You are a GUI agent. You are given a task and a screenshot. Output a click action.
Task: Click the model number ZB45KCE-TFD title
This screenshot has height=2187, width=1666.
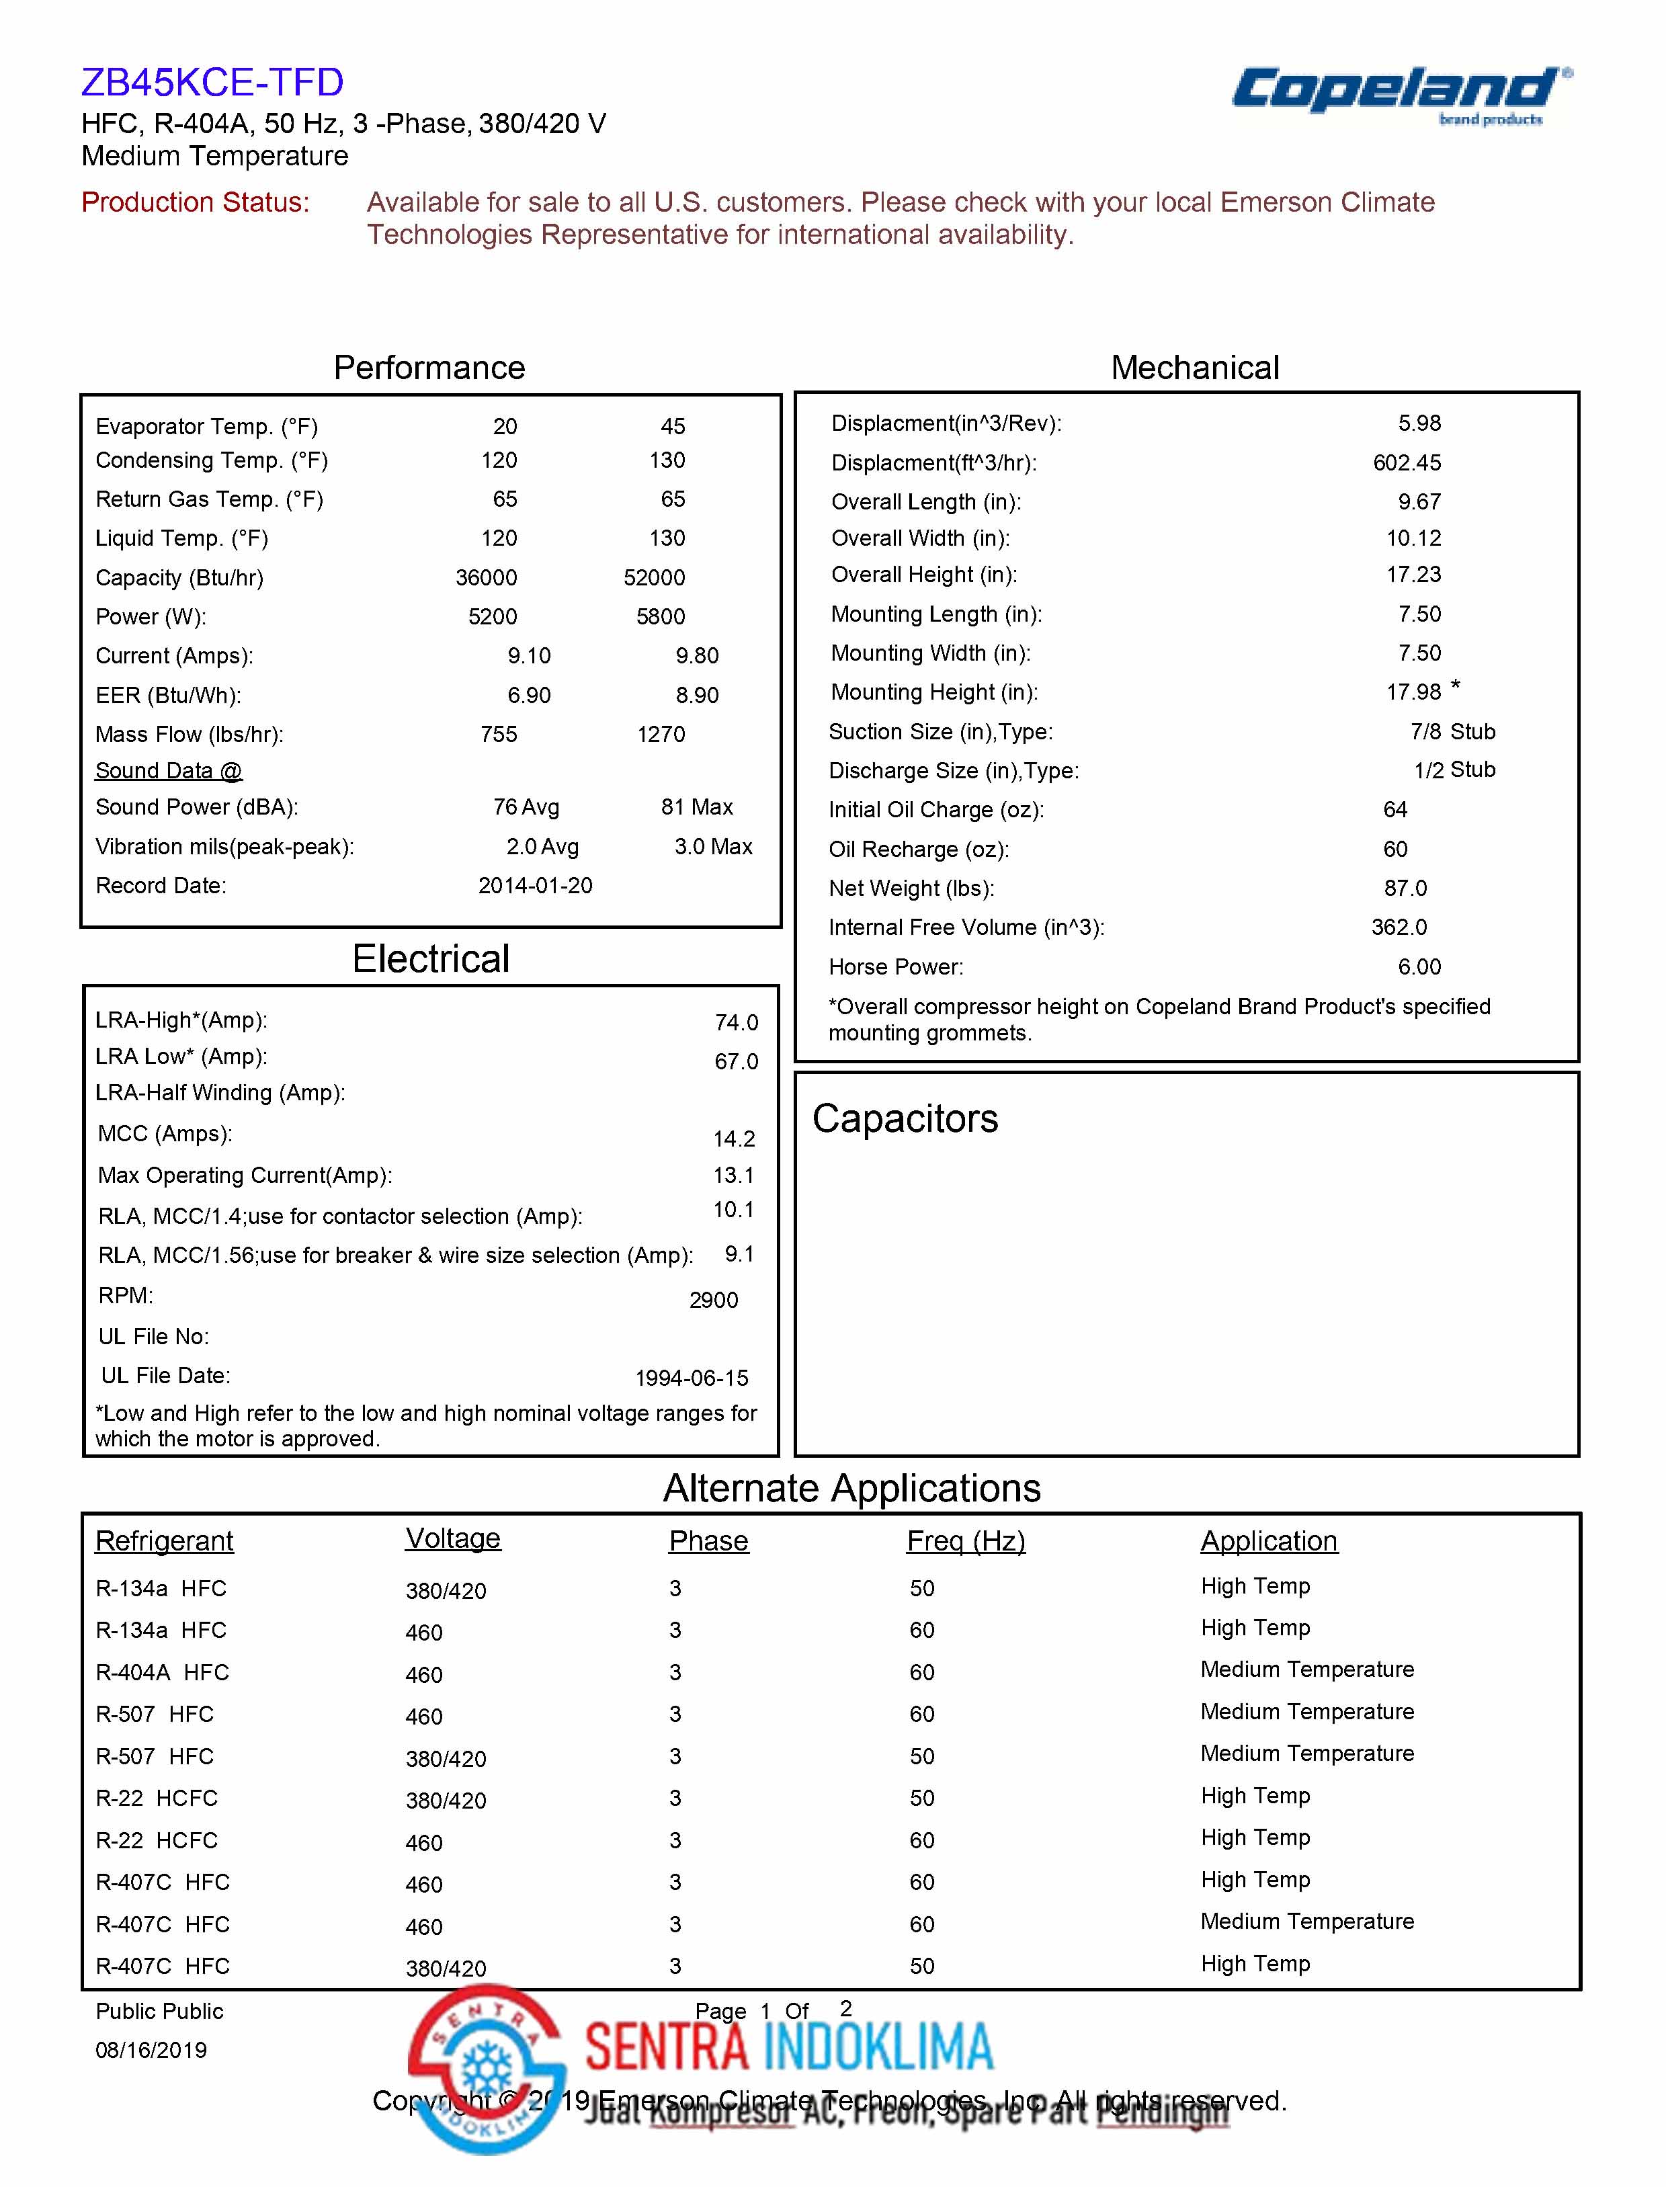[x=212, y=82]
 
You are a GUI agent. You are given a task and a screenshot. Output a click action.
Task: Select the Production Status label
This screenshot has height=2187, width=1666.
[x=196, y=202]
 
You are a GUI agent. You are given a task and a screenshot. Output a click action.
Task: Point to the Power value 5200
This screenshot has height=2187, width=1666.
[x=492, y=617]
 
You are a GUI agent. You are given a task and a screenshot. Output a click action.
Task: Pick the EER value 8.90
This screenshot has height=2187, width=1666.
[x=697, y=695]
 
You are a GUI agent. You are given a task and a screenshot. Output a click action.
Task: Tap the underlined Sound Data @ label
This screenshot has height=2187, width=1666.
[x=169, y=771]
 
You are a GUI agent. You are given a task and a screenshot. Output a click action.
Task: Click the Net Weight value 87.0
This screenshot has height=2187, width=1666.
[x=1405, y=889]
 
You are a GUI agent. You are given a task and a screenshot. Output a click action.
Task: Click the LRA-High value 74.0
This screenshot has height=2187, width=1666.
[x=736, y=1022]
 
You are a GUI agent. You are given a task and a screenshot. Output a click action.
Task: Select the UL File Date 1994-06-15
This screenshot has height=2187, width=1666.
[x=691, y=1378]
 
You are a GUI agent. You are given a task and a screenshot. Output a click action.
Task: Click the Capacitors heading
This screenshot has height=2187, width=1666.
[x=905, y=1119]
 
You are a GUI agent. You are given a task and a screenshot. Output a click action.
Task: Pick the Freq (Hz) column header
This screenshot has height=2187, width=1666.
[x=965, y=1541]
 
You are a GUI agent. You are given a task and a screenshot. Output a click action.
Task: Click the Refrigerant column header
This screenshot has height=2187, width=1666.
[x=163, y=1541]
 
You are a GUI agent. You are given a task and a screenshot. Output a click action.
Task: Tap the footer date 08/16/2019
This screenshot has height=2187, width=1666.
[x=151, y=2050]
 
